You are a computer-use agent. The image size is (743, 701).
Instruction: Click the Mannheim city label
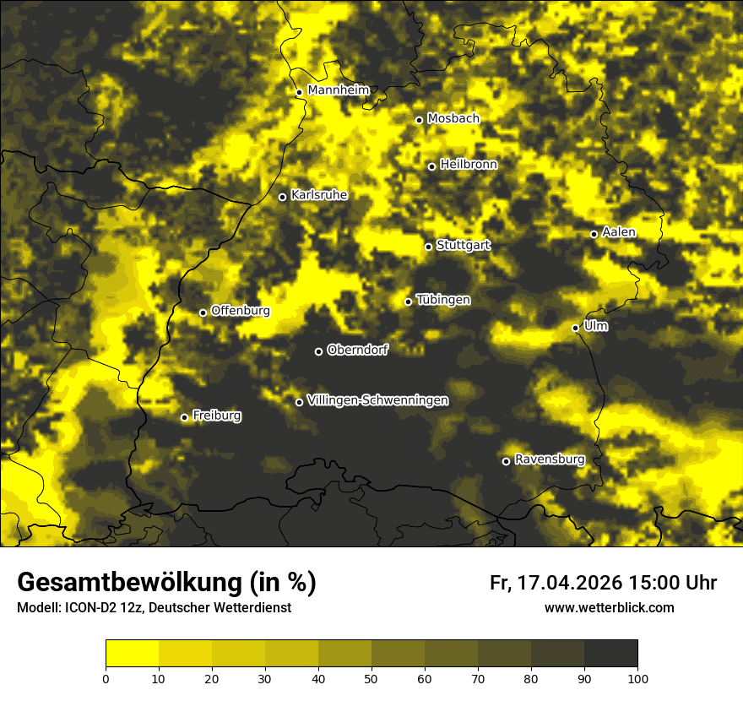(x=339, y=90)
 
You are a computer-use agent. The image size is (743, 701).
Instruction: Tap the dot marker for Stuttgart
(x=429, y=247)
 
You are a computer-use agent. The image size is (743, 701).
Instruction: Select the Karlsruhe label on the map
(x=319, y=195)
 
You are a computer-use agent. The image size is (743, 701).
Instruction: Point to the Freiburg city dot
(x=185, y=417)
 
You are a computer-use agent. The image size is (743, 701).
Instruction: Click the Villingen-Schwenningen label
(x=377, y=400)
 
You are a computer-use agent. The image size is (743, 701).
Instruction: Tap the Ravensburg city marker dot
(x=507, y=461)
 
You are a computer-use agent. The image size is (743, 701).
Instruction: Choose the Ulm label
(x=595, y=326)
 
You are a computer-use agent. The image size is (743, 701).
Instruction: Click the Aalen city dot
(x=594, y=234)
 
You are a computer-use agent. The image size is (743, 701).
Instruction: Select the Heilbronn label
(x=469, y=165)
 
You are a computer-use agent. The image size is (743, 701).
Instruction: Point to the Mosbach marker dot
(x=419, y=120)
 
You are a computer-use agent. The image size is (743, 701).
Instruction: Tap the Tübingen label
(x=443, y=300)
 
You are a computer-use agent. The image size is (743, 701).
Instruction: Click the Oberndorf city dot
(x=318, y=351)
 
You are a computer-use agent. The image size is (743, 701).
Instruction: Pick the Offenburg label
(x=241, y=311)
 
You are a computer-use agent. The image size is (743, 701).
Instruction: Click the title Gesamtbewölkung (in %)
(x=166, y=583)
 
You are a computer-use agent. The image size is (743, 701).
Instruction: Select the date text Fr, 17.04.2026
(x=556, y=583)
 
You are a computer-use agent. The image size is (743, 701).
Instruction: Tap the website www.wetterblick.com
(x=609, y=607)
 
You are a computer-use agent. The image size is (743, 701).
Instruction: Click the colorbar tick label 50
(x=371, y=677)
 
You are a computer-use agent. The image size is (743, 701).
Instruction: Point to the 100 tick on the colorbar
(x=637, y=677)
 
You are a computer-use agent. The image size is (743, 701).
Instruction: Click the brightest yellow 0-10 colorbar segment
(x=133, y=653)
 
